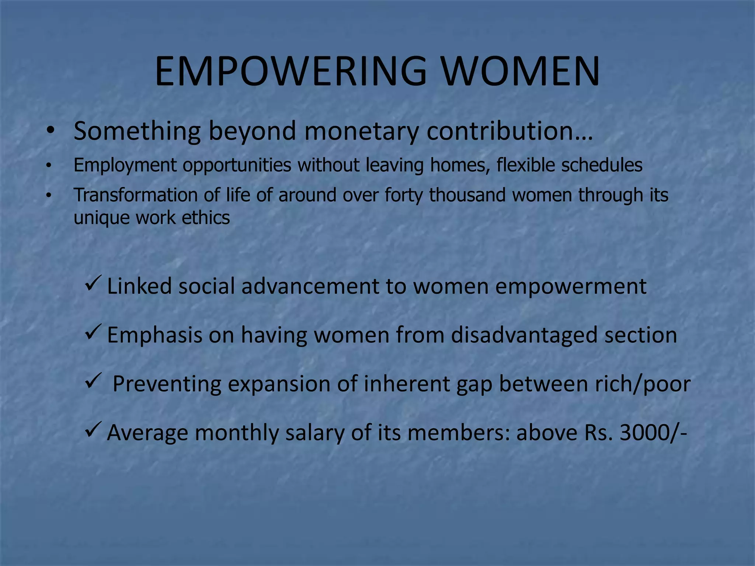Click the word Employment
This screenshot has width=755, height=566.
(125, 165)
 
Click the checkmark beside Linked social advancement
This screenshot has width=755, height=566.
(91, 283)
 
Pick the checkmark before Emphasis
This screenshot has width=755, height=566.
(91, 332)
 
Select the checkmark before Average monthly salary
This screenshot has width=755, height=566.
(91, 430)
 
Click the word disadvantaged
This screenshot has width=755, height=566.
(524, 335)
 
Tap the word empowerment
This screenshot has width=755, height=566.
(571, 286)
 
